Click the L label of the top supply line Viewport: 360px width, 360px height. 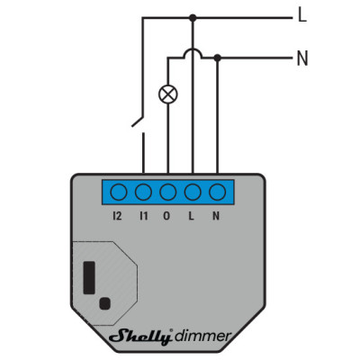tap(302, 15)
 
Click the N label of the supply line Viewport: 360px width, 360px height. tap(302, 58)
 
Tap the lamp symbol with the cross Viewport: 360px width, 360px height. tap(168, 94)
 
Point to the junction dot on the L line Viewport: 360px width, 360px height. tap(193, 18)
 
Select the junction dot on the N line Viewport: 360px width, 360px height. tap(218, 58)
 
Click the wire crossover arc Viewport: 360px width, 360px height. tap(193, 50)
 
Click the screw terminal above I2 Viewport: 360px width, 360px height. tap(119, 192)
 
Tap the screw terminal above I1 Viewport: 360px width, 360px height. tap(143, 192)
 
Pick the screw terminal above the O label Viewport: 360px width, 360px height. tap(168, 192)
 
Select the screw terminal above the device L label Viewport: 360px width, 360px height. tap(193, 192)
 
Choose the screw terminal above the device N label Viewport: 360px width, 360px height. tap(218, 192)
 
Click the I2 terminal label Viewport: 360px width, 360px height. tap(117, 216)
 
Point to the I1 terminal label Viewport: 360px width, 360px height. tap(144, 216)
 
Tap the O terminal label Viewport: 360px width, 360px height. tap(166, 216)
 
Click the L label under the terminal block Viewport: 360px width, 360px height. tap(191, 216)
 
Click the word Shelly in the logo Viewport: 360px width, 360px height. tap(141, 337)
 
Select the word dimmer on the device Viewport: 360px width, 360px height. tap(203, 336)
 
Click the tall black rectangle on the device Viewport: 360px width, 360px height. tap(89, 277)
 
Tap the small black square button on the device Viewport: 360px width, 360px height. tap(104, 303)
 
